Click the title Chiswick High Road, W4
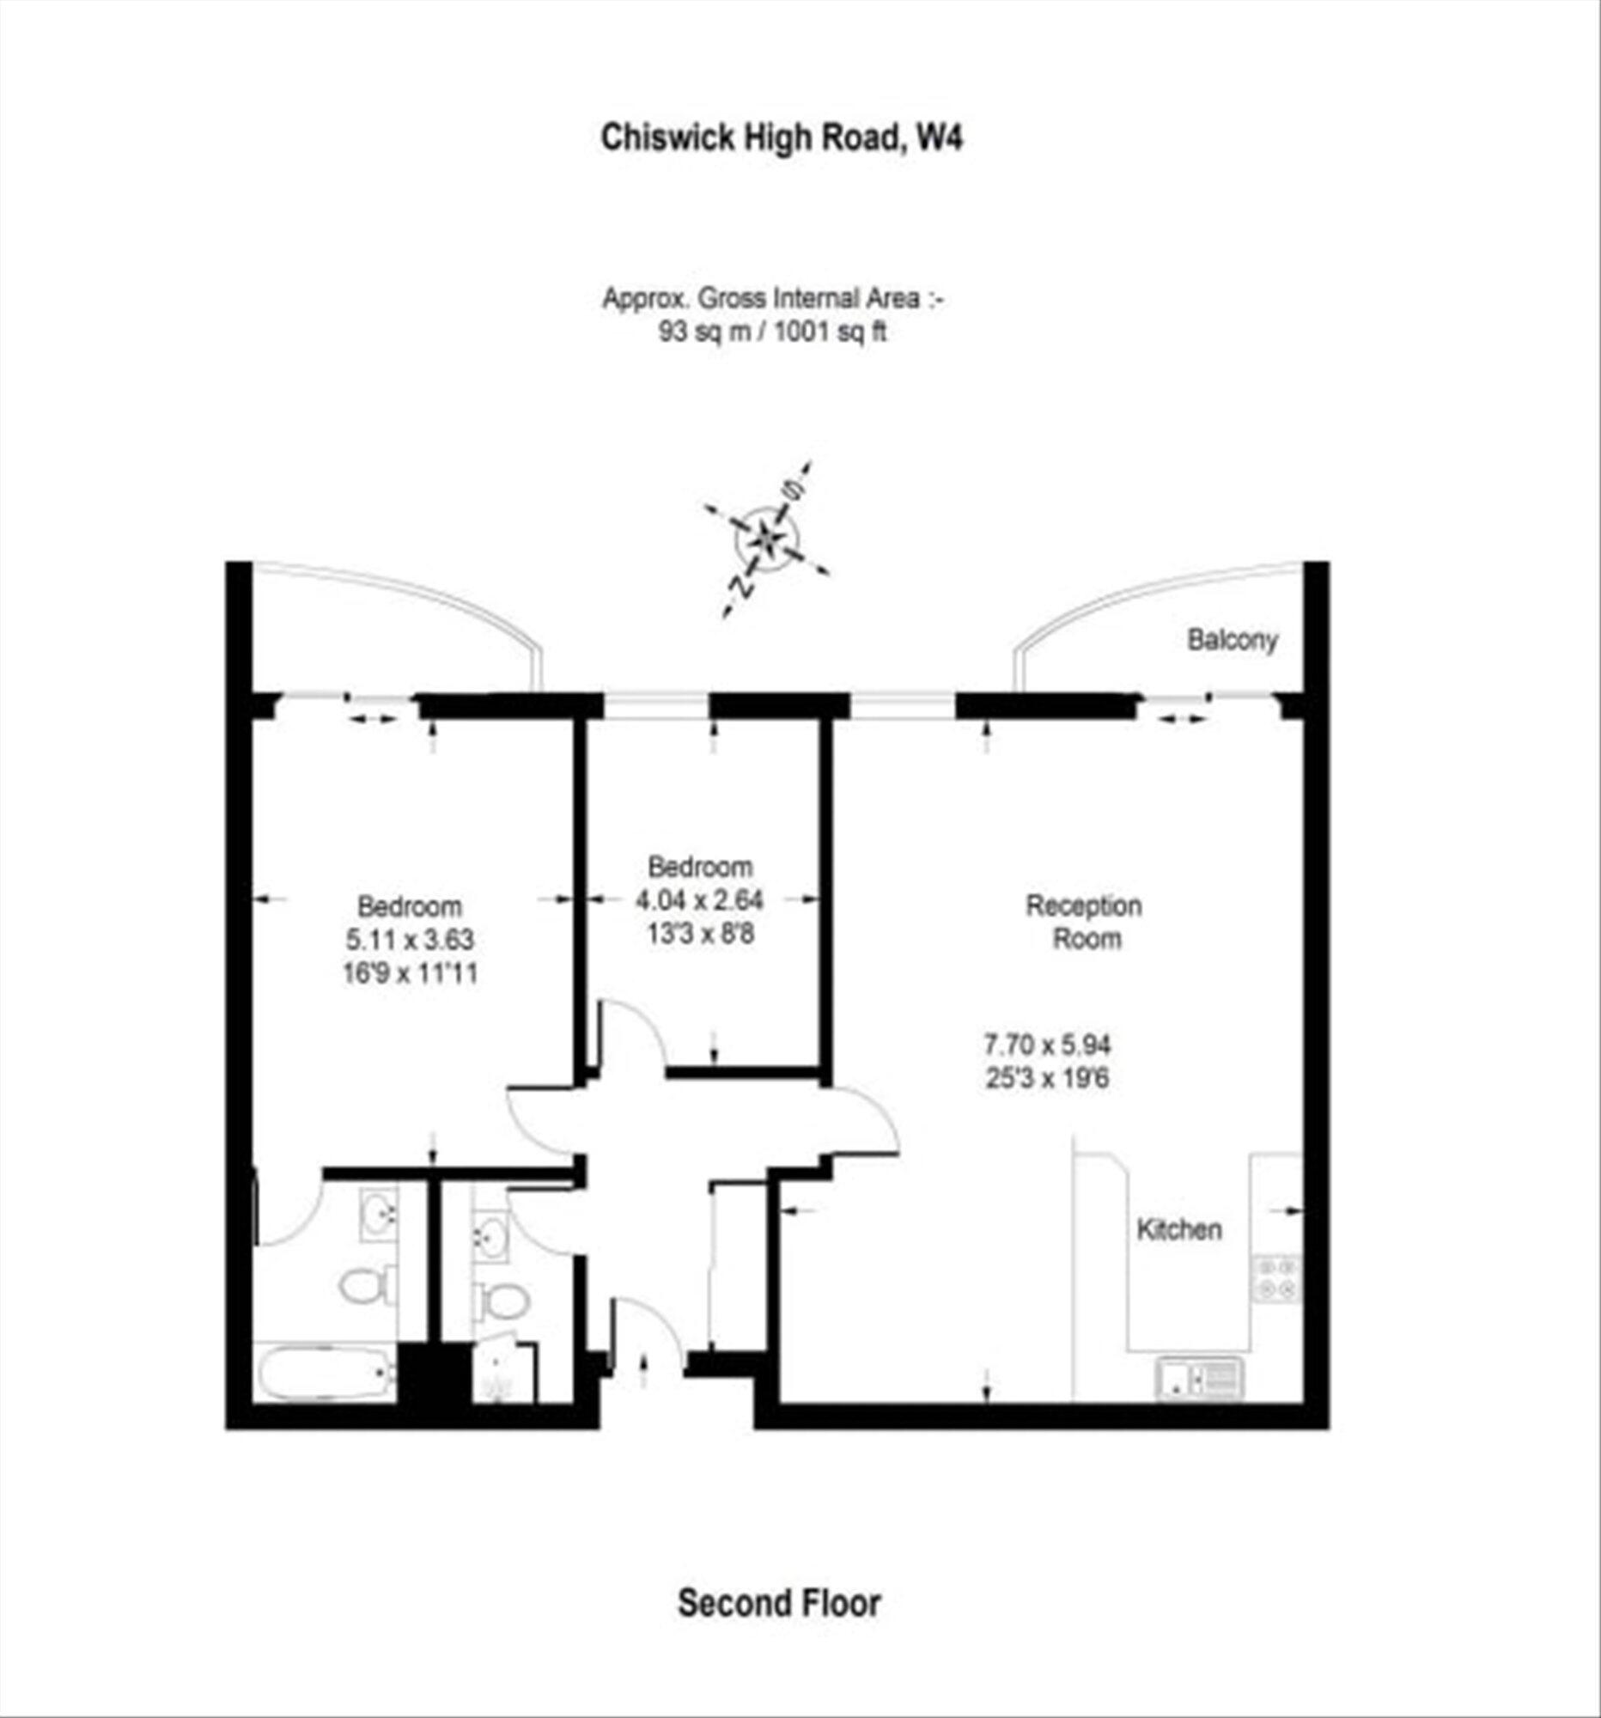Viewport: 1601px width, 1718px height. pyautogui.click(x=781, y=138)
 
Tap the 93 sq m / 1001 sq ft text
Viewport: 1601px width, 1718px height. pyautogui.click(x=772, y=332)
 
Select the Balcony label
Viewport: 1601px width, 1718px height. pyautogui.click(x=1232, y=640)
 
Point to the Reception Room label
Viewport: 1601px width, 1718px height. pyautogui.click(x=1084, y=922)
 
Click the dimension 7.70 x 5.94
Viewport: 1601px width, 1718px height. pyautogui.click(x=1047, y=1045)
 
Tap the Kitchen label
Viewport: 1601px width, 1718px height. pyautogui.click(x=1179, y=1230)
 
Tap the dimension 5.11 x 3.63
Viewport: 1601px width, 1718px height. pyautogui.click(x=410, y=940)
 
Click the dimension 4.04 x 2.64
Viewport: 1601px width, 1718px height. pyautogui.click(x=700, y=900)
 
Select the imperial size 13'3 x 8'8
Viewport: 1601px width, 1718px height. pyautogui.click(x=700, y=935)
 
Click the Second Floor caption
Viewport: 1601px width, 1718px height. pyautogui.click(x=778, y=1603)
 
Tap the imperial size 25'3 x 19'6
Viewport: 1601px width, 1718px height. pyautogui.click(x=1047, y=1079)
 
